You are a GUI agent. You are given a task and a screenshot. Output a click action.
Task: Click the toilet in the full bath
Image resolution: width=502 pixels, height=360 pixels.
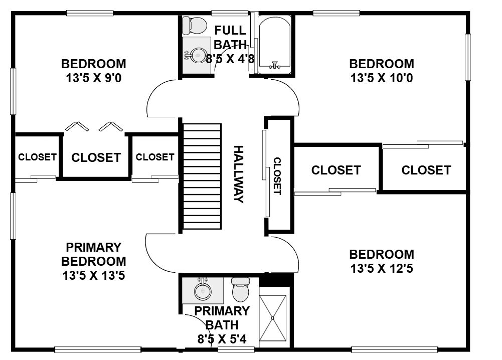click(x=195, y=25)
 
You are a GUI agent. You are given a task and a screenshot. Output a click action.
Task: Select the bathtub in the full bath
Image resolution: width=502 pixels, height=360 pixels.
click(x=274, y=45)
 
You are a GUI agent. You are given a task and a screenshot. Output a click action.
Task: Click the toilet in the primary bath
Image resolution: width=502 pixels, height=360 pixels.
click(x=240, y=289)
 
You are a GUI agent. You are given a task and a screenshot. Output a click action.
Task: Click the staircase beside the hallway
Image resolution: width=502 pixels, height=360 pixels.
click(x=202, y=176)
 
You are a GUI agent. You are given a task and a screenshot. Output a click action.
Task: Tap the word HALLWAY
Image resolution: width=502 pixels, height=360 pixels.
click(x=239, y=174)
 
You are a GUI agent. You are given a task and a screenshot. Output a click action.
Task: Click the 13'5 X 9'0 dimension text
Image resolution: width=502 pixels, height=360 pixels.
click(x=94, y=78)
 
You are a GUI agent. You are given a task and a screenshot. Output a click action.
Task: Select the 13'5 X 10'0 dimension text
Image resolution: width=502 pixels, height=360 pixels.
click(x=382, y=78)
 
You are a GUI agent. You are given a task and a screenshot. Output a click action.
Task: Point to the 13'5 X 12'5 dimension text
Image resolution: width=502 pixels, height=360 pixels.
click(x=382, y=268)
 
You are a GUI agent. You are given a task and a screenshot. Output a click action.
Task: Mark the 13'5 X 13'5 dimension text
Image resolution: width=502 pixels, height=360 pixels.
click(x=93, y=275)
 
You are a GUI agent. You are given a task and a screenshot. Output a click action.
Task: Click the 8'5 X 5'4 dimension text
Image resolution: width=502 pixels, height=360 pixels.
click(x=222, y=339)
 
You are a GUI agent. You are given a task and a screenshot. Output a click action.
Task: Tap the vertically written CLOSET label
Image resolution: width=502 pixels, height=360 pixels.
click(x=277, y=176)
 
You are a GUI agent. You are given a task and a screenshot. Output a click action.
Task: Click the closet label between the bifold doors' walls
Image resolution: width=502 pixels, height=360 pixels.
click(x=96, y=157)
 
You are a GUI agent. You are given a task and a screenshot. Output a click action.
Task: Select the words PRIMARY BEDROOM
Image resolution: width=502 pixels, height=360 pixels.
click(x=93, y=254)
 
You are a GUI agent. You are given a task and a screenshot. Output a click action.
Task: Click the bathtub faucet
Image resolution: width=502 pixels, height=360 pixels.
click(x=274, y=65)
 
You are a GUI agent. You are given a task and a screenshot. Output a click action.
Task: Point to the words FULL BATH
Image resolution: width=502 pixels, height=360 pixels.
click(x=230, y=38)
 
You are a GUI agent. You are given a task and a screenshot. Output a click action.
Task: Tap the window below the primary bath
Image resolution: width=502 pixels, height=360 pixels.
click(x=236, y=349)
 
